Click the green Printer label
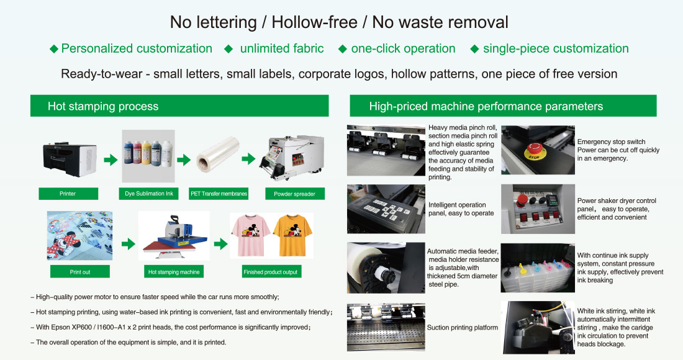pyautogui.click(x=68, y=194)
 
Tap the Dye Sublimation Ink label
pyautogui.click(x=148, y=194)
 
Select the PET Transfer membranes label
pyautogui.click(x=219, y=194)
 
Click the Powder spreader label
pyautogui.click(x=294, y=194)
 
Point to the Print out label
pyautogui.click(x=79, y=272)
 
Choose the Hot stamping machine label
pyautogui.click(x=173, y=272)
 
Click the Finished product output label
pyautogui.click(x=270, y=272)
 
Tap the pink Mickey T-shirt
pyautogui.click(x=250, y=235)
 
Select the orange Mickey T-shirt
pyautogui.click(x=292, y=235)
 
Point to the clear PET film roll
pyautogui.click(x=218, y=154)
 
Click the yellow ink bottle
pyautogui.click(x=146, y=152)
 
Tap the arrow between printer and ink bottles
pyautogui.click(x=111, y=160)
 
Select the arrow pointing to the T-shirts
pyautogui.click(x=221, y=243)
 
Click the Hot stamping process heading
pyautogui.click(x=103, y=106)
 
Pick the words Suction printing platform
pyautogui.click(x=462, y=327)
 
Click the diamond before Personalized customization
pyautogui.click(x=54, y=49)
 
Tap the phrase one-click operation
pyautogui.click(x=404, y=48)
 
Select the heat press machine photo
pyautogui.click(x=174, y=235)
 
